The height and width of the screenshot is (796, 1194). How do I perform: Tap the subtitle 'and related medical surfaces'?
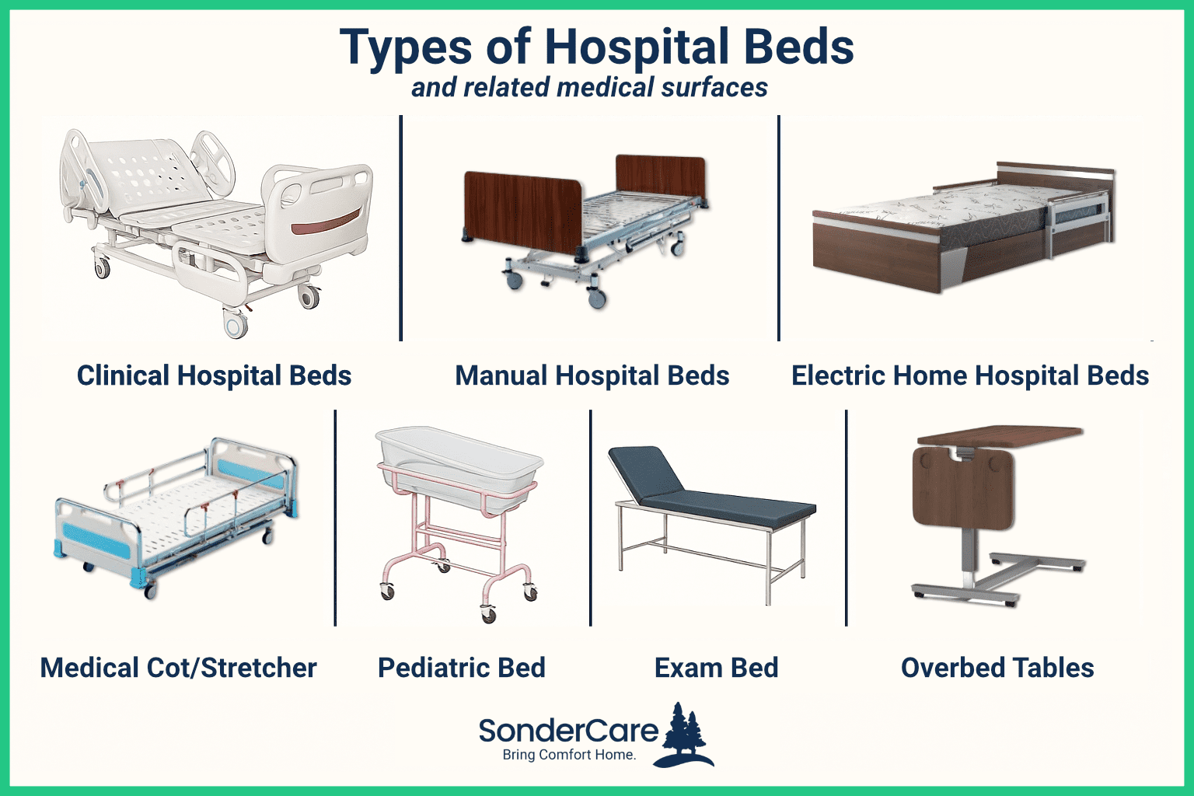589,87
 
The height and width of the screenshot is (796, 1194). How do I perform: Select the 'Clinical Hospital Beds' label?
214,375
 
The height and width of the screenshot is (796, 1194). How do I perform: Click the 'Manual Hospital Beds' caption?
592,375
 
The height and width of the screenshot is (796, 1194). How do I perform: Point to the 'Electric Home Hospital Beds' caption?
969,375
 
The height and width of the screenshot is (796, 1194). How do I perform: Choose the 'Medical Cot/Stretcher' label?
178,668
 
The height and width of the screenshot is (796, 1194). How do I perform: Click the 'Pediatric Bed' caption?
461,668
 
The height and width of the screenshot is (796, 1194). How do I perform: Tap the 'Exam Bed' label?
716,668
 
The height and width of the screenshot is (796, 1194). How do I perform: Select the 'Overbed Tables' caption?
997,668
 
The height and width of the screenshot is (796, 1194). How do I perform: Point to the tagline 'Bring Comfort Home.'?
569,755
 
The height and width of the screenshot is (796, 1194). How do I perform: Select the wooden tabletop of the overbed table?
999,433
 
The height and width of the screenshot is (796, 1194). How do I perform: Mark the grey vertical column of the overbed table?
968,560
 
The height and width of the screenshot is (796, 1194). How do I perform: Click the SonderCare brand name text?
568,731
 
